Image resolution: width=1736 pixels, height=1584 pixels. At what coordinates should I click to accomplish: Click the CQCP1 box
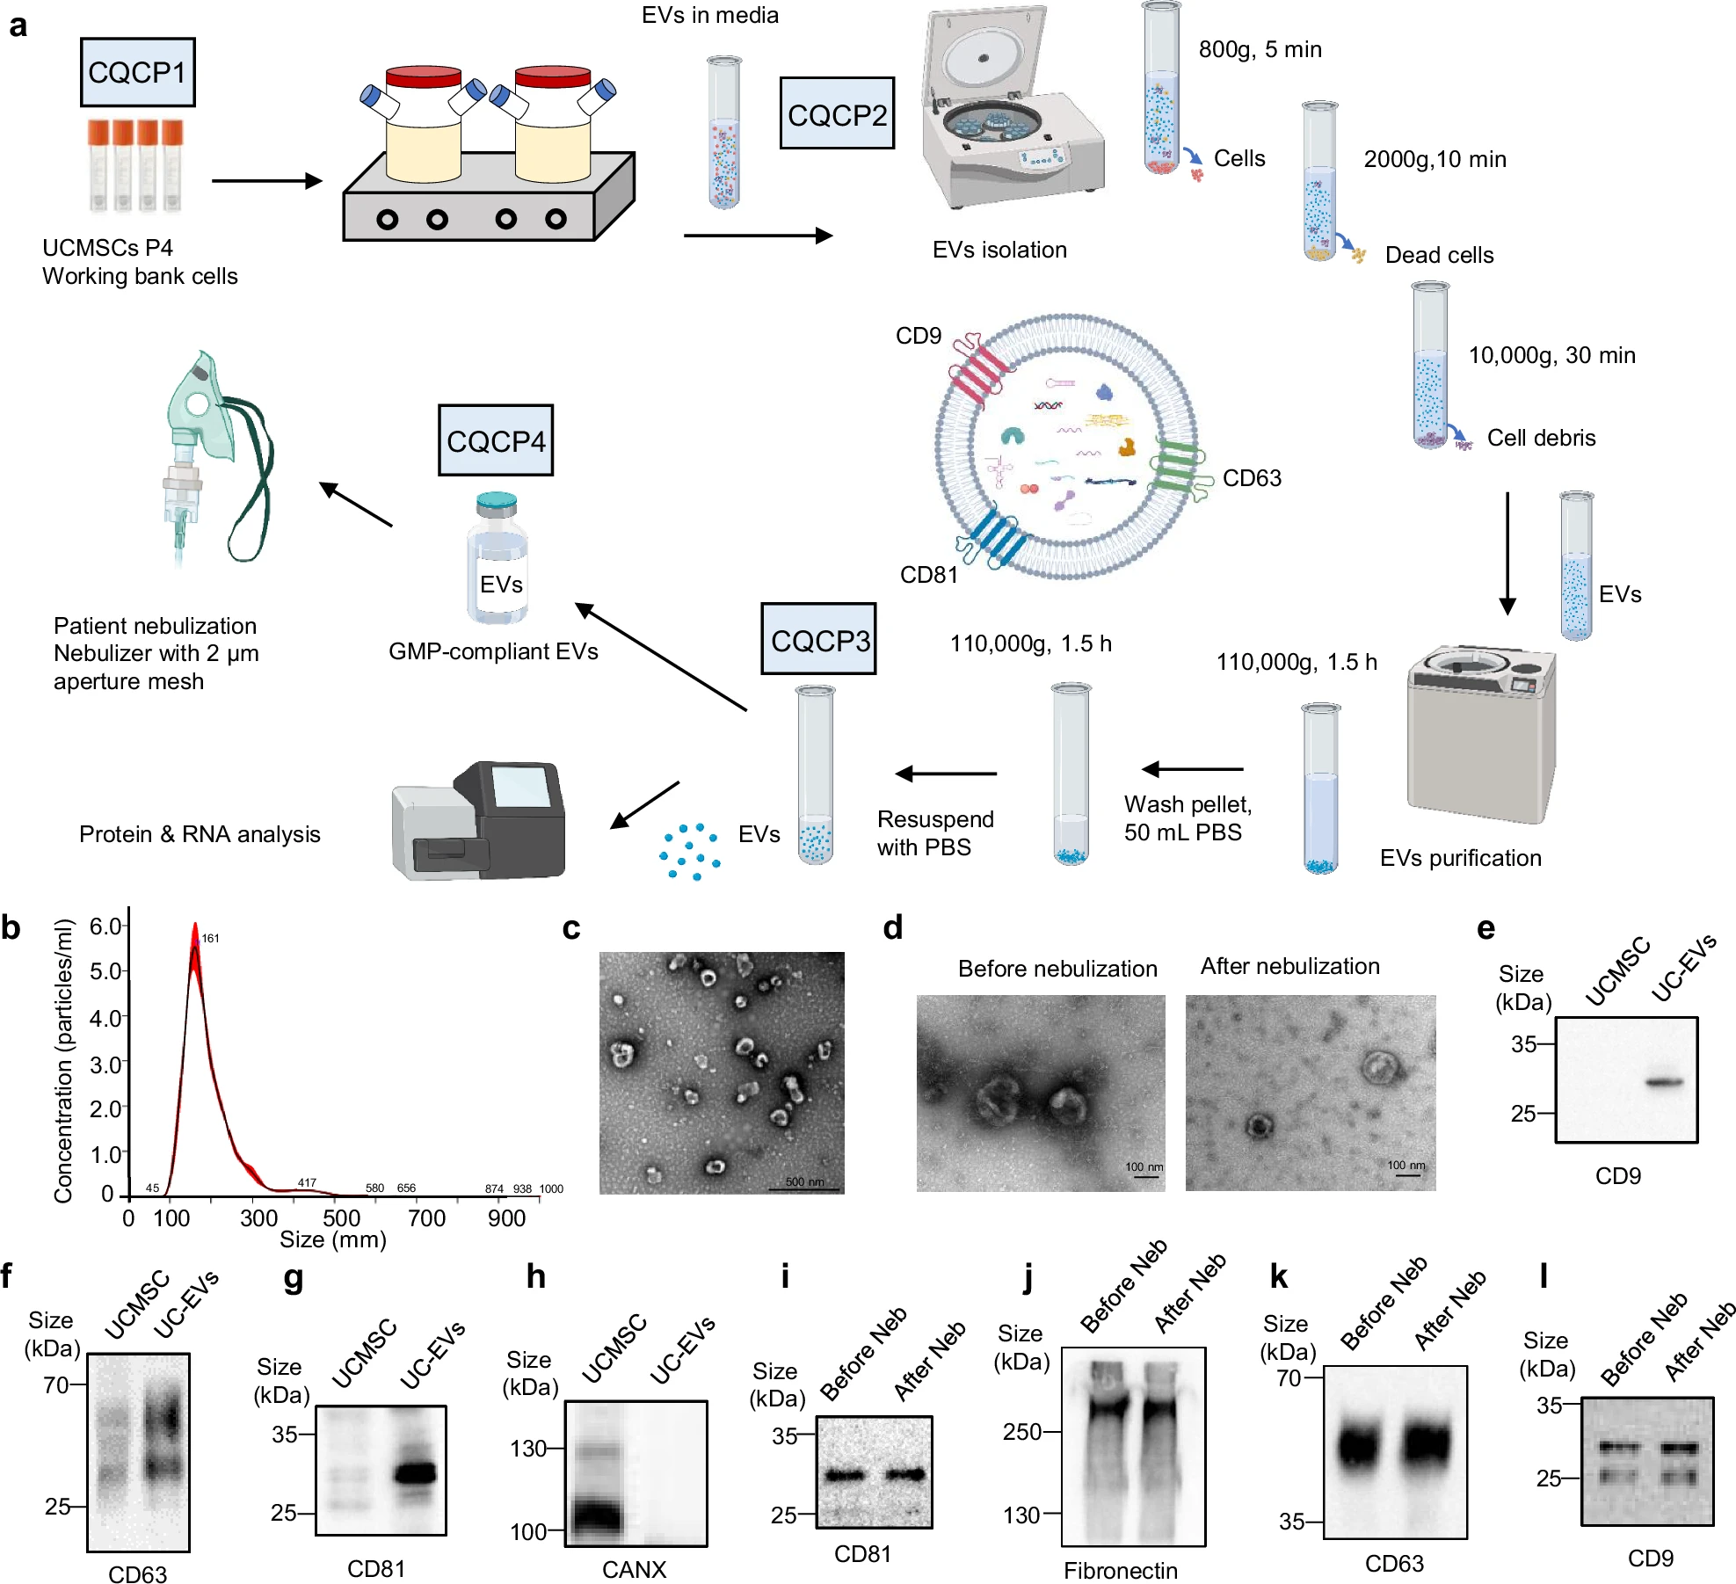pyautogui.click(x=137, y=72)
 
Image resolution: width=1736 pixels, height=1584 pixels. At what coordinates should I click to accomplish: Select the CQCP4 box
pyautogui.click(x=496, y=440)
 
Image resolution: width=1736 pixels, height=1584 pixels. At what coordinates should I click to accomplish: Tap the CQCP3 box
pyautogui.click(x=818, y=639)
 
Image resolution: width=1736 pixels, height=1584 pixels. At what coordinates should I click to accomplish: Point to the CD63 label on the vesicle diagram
pyautogui.click(x=1252, y=478)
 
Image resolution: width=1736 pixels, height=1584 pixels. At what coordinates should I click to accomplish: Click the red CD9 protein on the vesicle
pyautogui.click(x=977, y=369)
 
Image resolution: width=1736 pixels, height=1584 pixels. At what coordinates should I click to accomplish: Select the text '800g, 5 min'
pyautogui.click(x=1260, y=49)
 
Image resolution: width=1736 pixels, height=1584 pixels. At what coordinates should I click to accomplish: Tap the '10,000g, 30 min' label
pyautogui.click(x=1551, y=355)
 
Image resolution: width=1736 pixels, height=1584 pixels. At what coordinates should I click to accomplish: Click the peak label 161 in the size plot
pyautogui.click(x=210, y=938)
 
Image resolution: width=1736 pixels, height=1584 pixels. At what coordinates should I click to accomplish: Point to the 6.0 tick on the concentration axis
pyautogui.click(x=105, y=926)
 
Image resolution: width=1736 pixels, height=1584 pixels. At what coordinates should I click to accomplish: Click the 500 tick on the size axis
pyautogui.click(x=341, y=1218)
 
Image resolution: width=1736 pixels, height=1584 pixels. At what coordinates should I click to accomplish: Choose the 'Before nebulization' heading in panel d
pyautogui.click(x=1057, y=969)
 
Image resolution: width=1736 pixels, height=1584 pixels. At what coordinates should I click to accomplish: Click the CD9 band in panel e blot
pyautogui.click(x=1665, y=1082)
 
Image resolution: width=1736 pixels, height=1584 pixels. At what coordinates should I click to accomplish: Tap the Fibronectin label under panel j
pyautogui.click(x=1120, y=1571)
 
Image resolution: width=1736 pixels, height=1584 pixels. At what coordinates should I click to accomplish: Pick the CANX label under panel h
pyautogui.click(x=634, y=1569)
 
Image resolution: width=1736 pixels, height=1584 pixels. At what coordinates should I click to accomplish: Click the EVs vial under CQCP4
pyautogui.click(x=498, y=563)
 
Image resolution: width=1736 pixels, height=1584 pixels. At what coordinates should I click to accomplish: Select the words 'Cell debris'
pyautogui.click(x=1541, y=438)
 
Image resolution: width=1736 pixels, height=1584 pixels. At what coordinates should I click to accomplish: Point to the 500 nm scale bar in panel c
pyautogui.click(x=804, y=1188)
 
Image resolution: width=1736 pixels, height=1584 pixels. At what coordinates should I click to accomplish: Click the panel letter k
pyautogui.click(x=1279, y=1277)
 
